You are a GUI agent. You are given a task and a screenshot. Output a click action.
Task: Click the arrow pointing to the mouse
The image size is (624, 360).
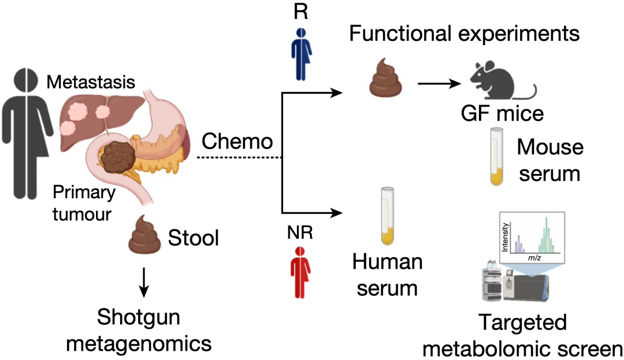coord(439,84)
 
